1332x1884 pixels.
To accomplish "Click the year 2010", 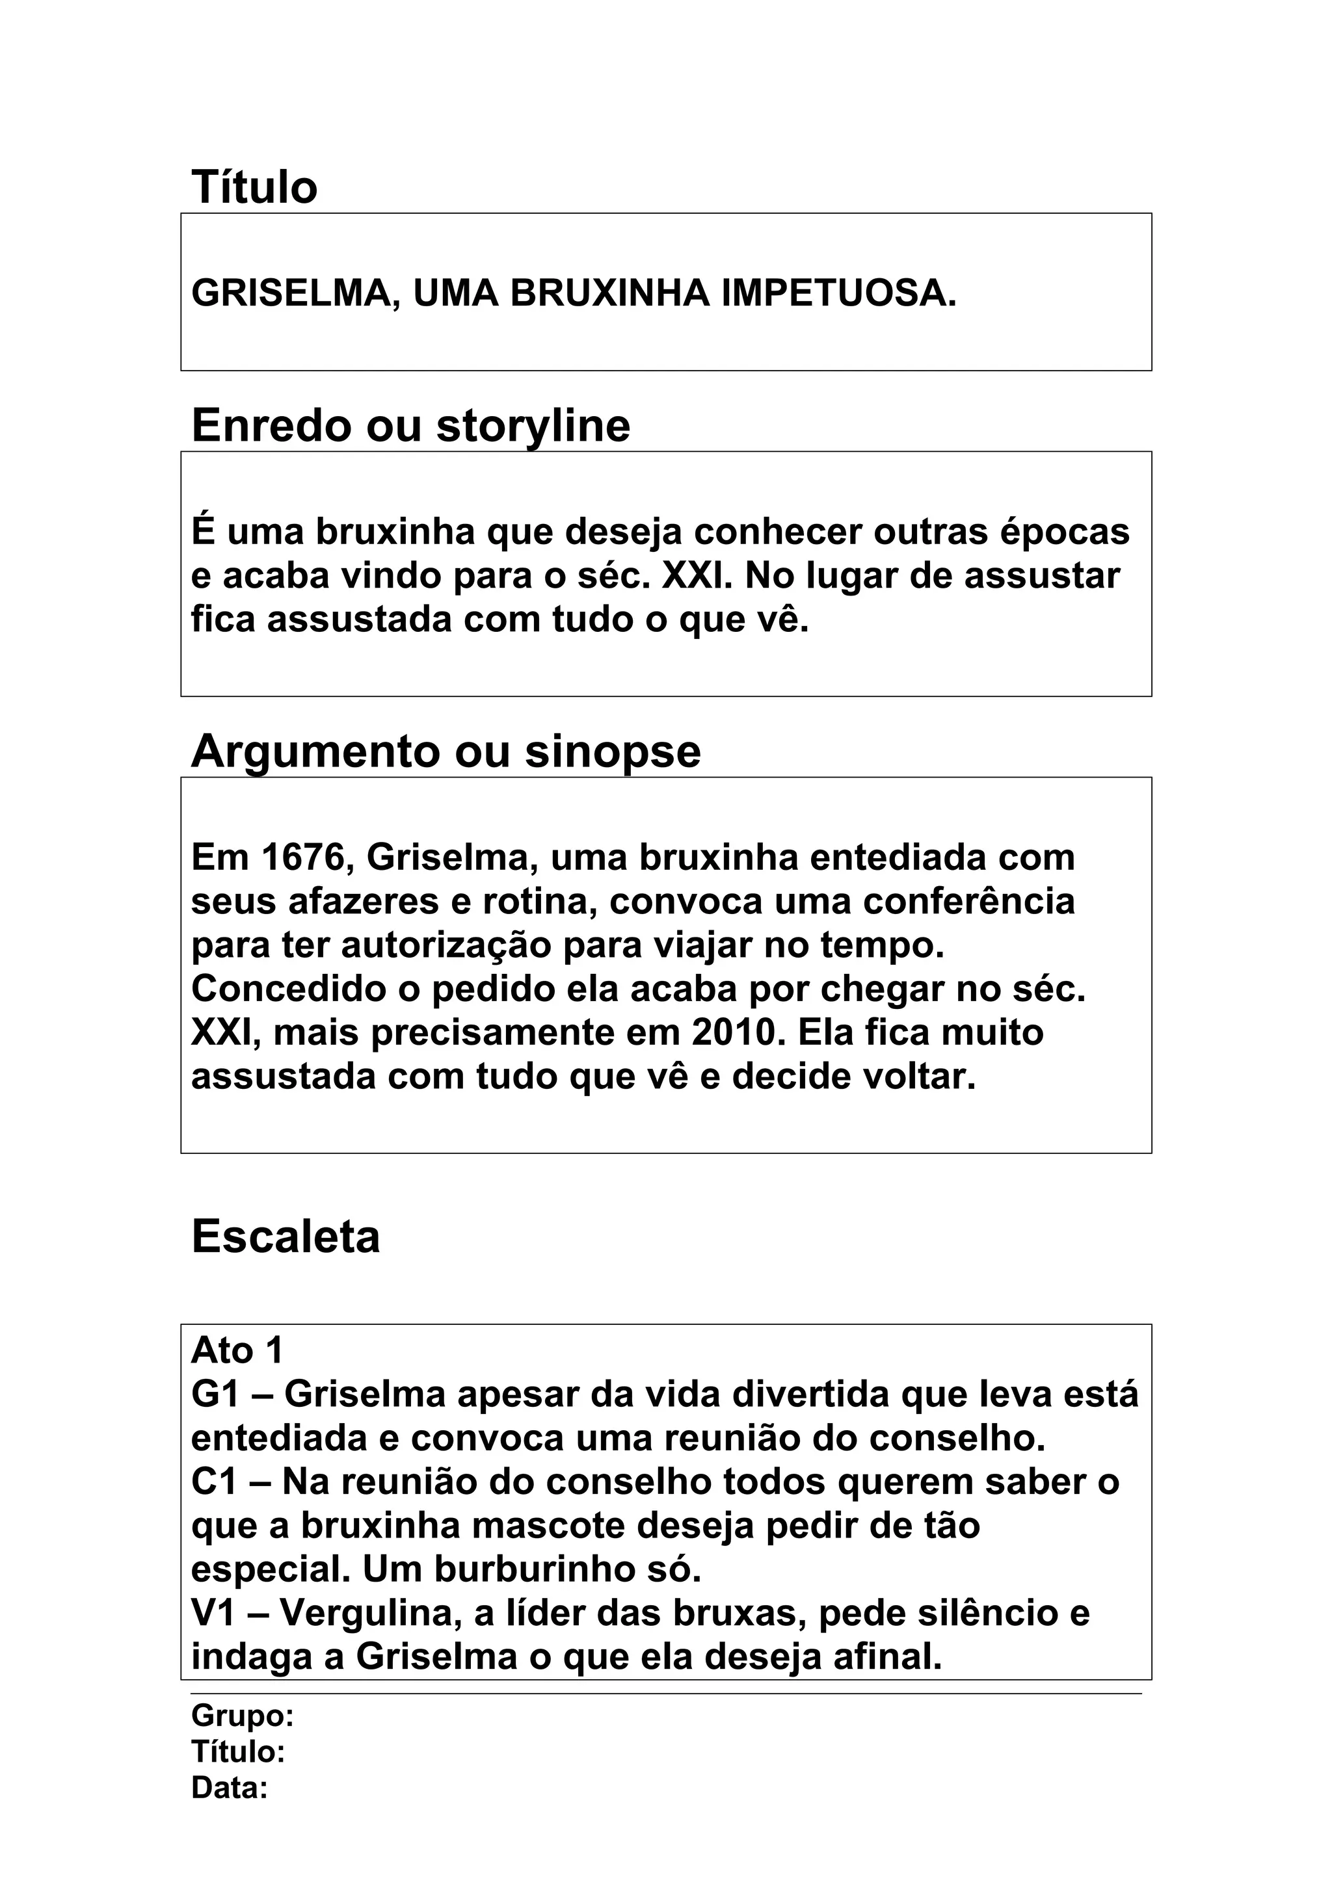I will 734,1032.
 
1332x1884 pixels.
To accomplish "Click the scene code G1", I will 214,1395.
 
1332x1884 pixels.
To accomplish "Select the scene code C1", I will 214,1482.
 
